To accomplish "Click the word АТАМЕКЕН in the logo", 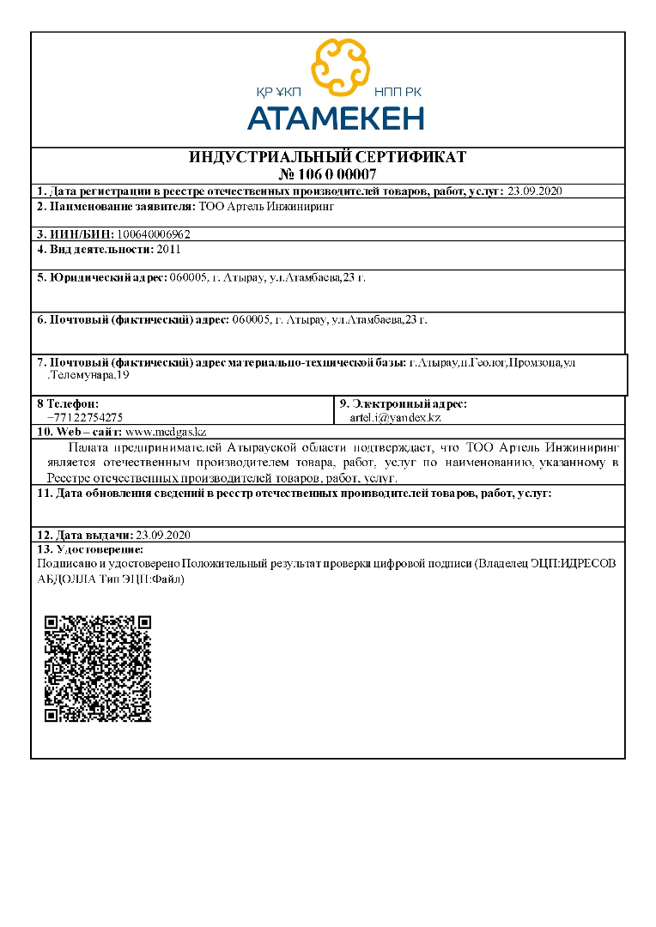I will tap(336, 117).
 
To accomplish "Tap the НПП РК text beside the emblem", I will tap(398, 92).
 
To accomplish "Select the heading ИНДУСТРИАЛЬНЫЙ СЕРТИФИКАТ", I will tap(327, 158).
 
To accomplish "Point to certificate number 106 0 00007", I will tap(327, 174).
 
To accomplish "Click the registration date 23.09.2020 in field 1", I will tap(535, 191).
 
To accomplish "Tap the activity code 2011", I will tap(169, 249).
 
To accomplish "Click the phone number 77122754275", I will tap(91, 416).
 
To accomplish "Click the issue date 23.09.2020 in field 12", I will tap(162, 535).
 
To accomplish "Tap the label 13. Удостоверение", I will tap(90, 548).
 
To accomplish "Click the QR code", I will tap(98, 668).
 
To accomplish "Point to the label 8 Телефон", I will tap(68, 403).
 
